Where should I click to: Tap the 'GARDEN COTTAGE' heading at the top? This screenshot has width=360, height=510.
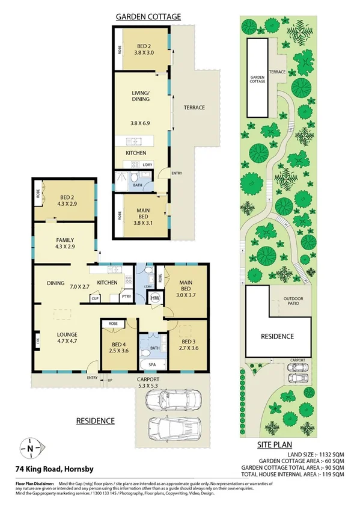click(147, 17)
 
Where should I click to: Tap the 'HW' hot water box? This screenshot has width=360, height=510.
click(154, 298)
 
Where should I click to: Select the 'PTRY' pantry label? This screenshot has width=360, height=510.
click(126, 297)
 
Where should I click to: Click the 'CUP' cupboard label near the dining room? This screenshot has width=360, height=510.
click(95, 298)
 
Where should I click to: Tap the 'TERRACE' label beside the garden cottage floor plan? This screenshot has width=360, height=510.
click(194, 108)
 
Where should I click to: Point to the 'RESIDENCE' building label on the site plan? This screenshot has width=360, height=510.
click(277, 337)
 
